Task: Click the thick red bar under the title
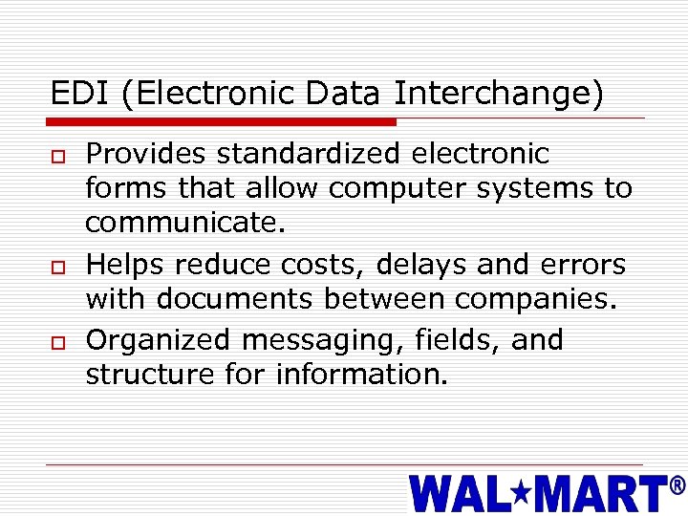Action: (x=223, y=122)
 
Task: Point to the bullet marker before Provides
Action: (x=57, y=156)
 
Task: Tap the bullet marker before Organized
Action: (x=57, y=341)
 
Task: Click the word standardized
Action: (x=311, y=154)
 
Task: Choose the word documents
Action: (x=234, y=300)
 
